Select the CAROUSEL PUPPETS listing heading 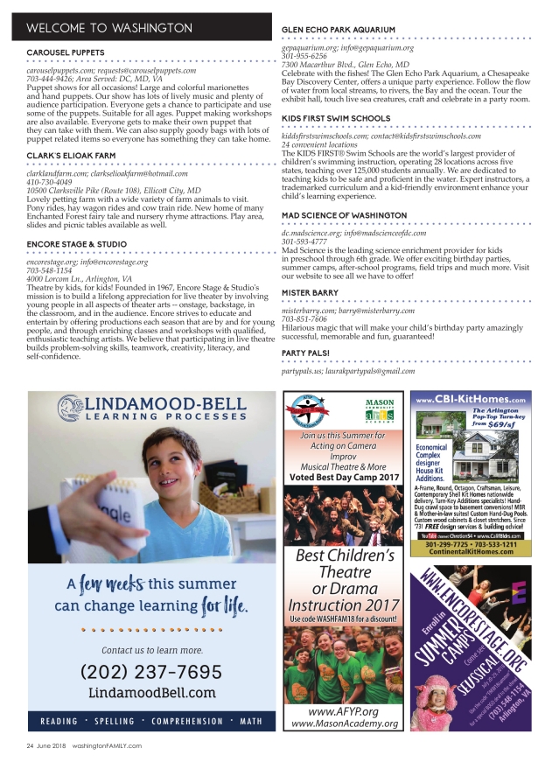[x=66, y=53]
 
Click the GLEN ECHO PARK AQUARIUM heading [x=339, y=30]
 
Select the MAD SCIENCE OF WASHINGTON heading [x=344, y=214]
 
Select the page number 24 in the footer [x=29, y=745]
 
